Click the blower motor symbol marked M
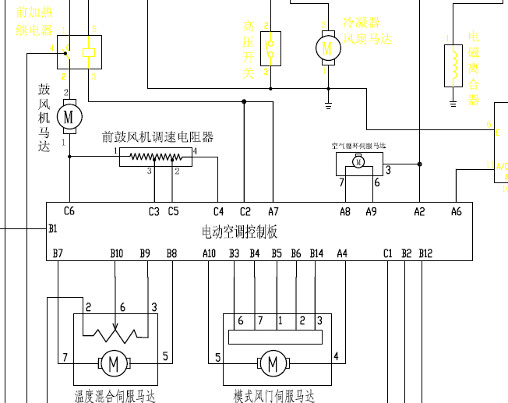click(68, 116)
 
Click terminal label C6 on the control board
click(69, 211)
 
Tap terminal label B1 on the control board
click(53, 228)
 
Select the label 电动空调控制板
click(239, 232)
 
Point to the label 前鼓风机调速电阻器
click(157, 137)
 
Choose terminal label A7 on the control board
click(273, 211)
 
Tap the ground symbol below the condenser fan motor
click(328, 103)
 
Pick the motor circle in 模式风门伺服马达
click(273, 363)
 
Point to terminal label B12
click(425, 253)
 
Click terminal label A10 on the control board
click(209, 253)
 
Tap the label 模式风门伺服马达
click(274, 397)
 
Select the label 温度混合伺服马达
click(115, 397)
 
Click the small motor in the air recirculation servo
click(358, 162)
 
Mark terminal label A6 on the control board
click(457, 211)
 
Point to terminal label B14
click(316, 253)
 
